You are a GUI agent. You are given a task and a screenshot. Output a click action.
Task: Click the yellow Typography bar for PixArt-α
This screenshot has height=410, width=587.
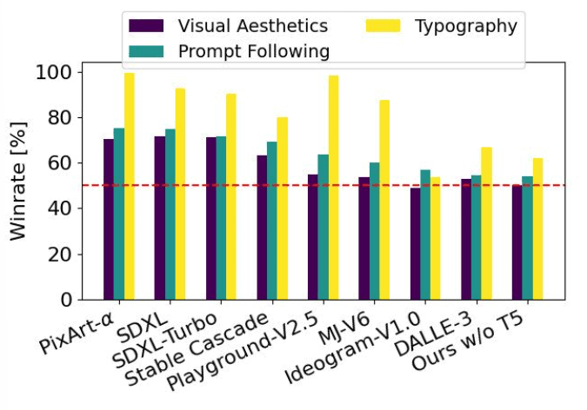point(129,187)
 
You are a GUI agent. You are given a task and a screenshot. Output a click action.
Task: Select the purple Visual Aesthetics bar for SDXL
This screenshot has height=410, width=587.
point(160,218)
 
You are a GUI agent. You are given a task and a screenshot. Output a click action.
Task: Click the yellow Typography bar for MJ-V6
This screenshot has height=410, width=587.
point(384,200)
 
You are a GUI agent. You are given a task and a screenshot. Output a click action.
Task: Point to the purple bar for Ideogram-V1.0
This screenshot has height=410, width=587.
point(416,244)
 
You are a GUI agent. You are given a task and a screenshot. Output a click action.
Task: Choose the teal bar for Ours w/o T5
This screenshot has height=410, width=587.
point(528,238)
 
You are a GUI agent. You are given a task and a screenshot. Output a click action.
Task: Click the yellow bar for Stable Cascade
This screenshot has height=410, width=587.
point(282,208)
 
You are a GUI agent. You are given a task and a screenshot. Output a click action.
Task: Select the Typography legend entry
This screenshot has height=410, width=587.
point(443,26)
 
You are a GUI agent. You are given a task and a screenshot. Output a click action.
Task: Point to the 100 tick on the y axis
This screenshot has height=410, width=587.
point(64,72)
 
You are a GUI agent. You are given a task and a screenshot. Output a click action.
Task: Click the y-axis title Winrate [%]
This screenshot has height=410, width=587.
point(19,186)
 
